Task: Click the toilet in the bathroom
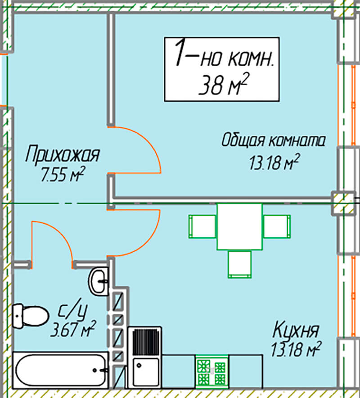click(30, 316)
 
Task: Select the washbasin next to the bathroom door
click(99, 281)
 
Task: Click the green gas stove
click(211, 371)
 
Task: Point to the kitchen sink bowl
click(146, 371)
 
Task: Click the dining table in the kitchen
click(239, 226)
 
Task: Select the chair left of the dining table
click(202, 226)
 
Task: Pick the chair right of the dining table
click(277, 226)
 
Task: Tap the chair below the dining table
click(239, 264)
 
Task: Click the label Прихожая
click(63, 154)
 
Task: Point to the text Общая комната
click(273, 140)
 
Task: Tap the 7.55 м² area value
click(63, 174)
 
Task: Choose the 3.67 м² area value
click(73, 329)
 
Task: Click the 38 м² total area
click(223, 84)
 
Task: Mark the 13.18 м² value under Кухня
click(296, 349)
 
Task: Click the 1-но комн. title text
click(224, 54)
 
